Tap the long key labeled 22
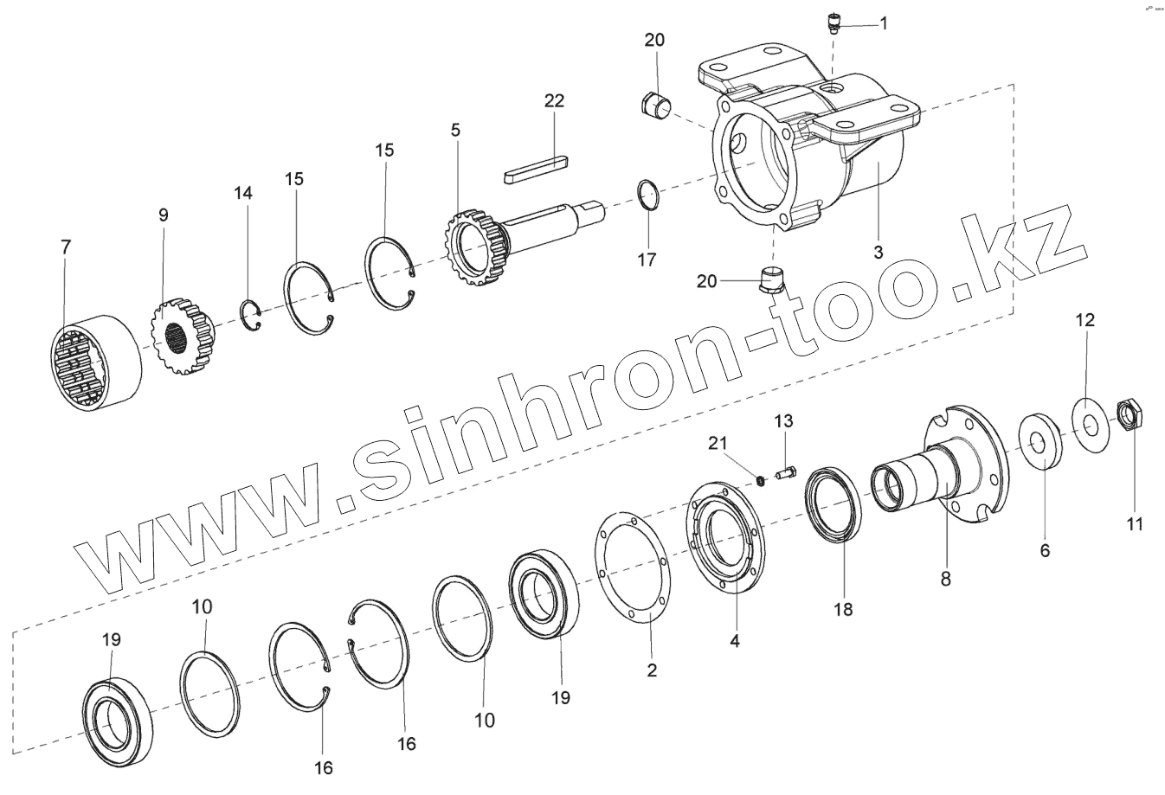coord(537,169)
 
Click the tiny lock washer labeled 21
coord(761,480)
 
